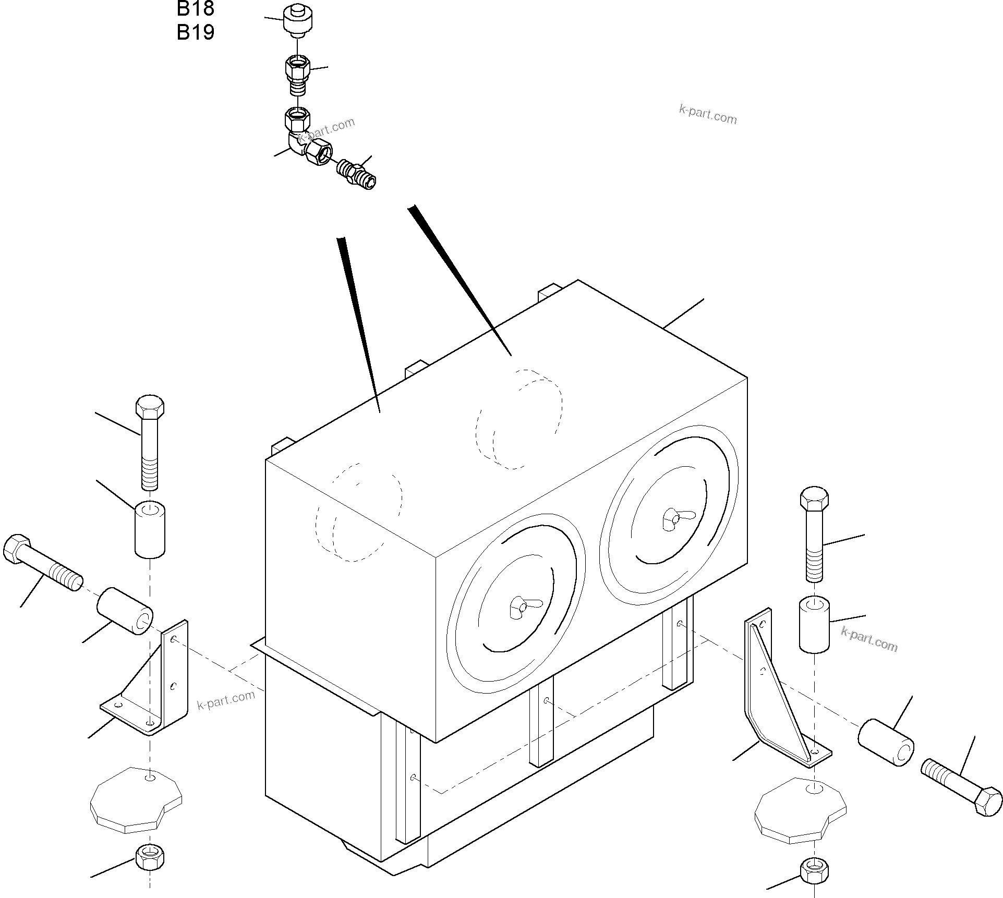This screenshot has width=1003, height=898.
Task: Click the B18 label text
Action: coord(195,8)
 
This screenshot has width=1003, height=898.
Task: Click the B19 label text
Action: coord(195,32)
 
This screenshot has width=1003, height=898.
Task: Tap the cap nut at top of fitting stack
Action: coord(297,20)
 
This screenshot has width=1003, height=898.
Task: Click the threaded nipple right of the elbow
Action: coord(357,173)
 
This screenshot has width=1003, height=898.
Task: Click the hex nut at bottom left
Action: coord(150,856)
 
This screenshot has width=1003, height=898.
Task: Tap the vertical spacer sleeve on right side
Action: coord(814,624)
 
